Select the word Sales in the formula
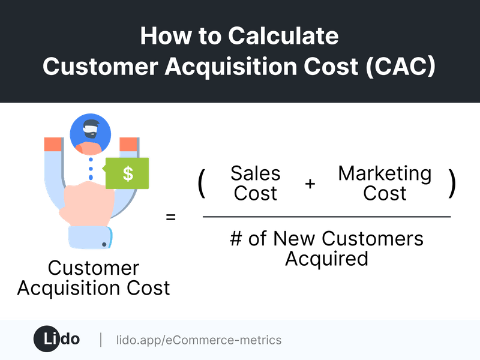pos(255,174)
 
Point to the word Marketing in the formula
pos(385,174)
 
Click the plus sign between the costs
pos(310,184)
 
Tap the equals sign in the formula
pos(171,217)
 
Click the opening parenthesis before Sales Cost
pos(202,184)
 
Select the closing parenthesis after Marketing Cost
pos(452,184)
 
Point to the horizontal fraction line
pos(327,217)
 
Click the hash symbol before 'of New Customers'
pos(236,239)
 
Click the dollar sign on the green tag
pos(128,174)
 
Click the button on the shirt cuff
pos(105,244)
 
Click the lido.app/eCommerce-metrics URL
pos(199,340)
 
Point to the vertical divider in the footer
pos(100,340)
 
